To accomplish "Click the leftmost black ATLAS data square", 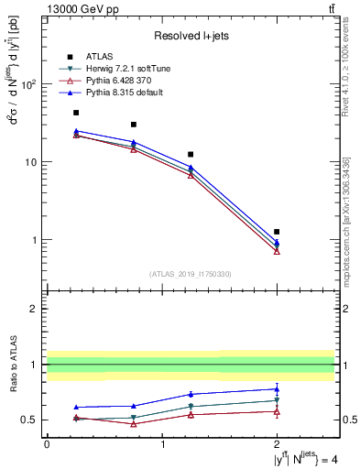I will [x=76, y=113].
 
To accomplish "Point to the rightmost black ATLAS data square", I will [x=277, y=232].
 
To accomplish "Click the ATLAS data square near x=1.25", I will [x=191, y=155].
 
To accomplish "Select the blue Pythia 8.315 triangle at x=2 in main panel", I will [x=277, y=242].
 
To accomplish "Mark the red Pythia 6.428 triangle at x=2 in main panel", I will [x=277, y=251].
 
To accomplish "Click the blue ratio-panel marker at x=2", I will [x=277, y=388].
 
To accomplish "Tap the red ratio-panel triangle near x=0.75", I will [x=134, y=423].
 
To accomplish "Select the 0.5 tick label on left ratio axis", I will [x=32, y=420].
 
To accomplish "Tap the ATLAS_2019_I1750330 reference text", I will [x=190, y=274].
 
